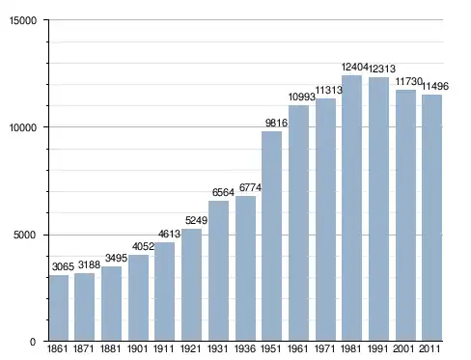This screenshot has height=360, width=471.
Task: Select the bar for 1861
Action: [59, 308]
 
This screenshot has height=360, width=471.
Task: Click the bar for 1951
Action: [272, 235]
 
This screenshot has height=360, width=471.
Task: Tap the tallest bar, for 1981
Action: [351, 208]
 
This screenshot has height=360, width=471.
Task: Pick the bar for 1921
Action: [191, 285]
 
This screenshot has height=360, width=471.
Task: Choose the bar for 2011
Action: [431, 218]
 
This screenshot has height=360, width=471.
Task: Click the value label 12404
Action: [354, 67]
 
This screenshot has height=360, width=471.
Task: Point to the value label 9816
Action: [276, 123]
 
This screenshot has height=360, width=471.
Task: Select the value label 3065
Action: [63, 266]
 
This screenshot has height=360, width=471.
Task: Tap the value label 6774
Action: [250, 187]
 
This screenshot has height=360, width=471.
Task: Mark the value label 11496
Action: [435, 86]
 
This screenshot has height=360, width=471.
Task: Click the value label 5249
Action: [196, 220]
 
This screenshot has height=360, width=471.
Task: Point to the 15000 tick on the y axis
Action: [23, 20]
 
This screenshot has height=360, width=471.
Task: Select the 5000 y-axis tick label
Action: [25, 235]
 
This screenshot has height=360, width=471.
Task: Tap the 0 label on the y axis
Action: [33, 342]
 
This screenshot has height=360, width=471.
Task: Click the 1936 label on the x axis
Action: [245, 348]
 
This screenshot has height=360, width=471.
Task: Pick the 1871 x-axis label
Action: [84, 348]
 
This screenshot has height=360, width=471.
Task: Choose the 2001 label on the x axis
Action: [403, 348]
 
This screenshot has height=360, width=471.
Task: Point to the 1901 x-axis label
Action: [138, 348]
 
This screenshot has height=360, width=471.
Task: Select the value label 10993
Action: [301, 97]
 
